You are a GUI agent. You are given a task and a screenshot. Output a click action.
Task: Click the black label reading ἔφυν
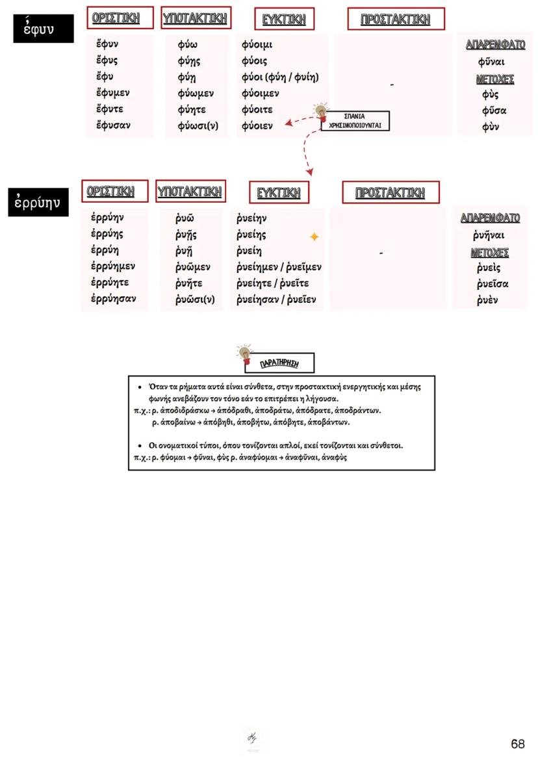click(44, 29)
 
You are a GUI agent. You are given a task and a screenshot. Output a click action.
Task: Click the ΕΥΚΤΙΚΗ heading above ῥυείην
click(279, 193)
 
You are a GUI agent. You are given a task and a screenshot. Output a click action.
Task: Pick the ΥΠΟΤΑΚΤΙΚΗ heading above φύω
click(195, 18)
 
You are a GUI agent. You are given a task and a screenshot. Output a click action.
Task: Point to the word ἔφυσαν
click(112, 125)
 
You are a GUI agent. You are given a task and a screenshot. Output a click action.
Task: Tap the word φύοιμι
click(257, 45)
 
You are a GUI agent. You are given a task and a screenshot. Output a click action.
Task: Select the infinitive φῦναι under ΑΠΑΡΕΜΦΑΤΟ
click(491, 62)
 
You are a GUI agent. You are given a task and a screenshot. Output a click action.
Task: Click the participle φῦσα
click(494, 110)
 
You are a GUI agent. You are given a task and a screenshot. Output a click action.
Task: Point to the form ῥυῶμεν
click(192, 267)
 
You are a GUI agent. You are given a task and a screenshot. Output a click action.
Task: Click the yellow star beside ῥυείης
click(314, 237)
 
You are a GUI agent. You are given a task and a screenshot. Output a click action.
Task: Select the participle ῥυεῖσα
click(492, 284)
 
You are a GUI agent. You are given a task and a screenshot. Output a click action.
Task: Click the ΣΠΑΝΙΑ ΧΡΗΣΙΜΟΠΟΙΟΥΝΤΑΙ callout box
click(355, 120)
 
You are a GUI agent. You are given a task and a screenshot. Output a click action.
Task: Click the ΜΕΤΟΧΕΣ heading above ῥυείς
click(489, 253)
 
